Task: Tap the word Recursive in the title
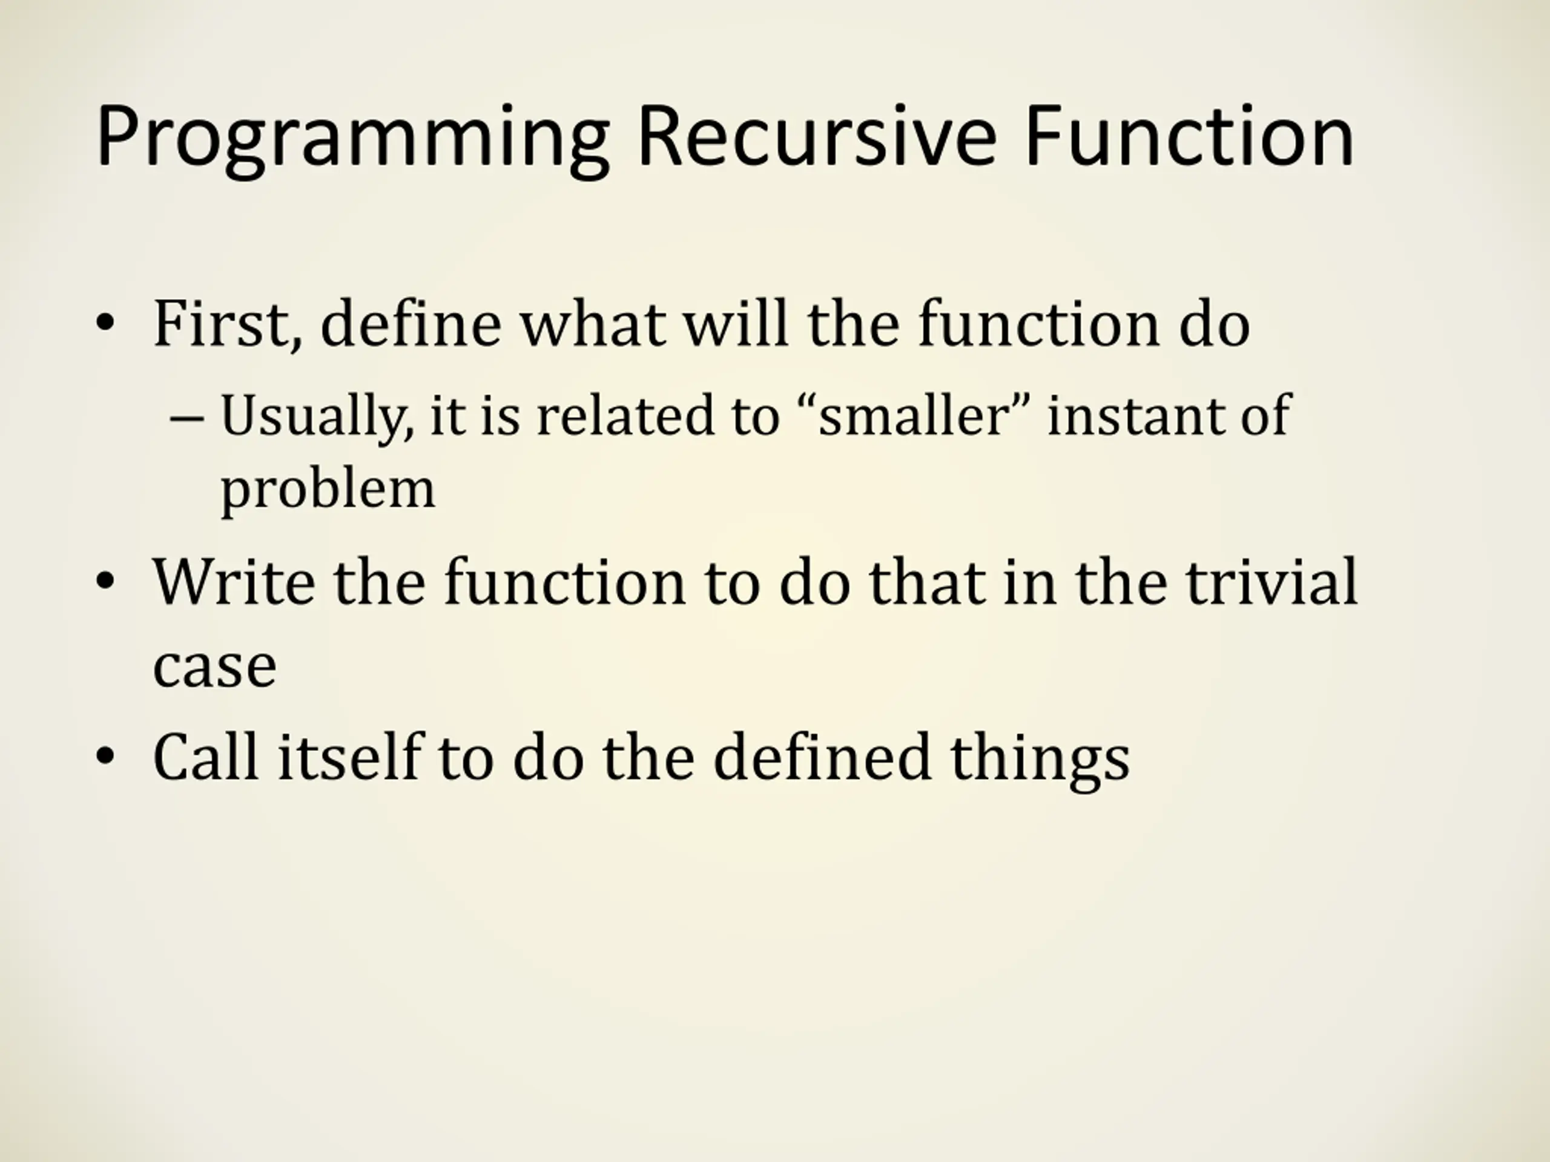[816, 137]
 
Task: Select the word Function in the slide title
[1189, 137]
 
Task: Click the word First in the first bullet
[228, 324]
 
